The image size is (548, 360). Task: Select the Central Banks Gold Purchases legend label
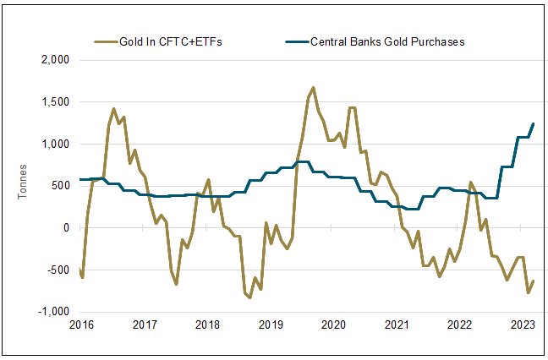coord(388,41)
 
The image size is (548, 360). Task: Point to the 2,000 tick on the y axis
coord(53,61)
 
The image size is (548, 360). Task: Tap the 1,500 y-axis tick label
coord(53,102)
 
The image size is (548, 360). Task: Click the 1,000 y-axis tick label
coord(53,145)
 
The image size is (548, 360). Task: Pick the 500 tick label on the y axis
coord(58,186)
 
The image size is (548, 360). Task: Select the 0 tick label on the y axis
coord(64,228)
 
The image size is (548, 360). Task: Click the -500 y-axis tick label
coord(57,270)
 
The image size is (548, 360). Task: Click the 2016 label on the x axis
coord(81,325)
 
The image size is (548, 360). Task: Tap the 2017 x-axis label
coord(145,325)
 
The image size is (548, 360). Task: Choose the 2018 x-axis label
coord(207,325)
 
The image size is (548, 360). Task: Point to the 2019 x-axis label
coord(270,325)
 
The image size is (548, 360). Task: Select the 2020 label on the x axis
coord(333,325)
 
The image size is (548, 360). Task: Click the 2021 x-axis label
coord(396,325)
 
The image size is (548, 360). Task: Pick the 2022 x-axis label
coord(458,325)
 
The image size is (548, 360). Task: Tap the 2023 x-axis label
coord(522,325)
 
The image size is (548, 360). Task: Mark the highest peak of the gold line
coord(314,87)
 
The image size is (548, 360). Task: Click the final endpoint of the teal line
coord(534,124)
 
